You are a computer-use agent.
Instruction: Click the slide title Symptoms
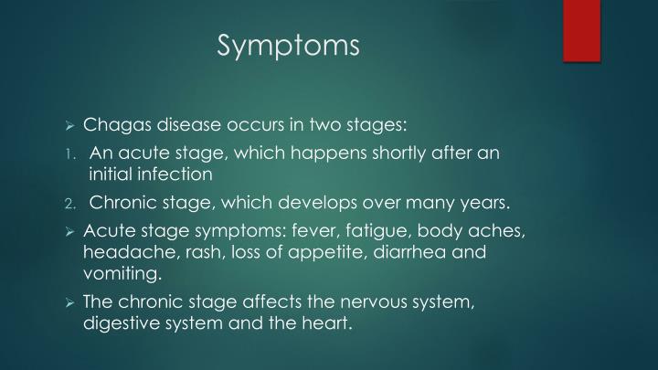(x=289, y=45)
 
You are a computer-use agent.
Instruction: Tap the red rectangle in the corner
(x=581, y=30)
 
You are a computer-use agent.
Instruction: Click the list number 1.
(x=69, y=153)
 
